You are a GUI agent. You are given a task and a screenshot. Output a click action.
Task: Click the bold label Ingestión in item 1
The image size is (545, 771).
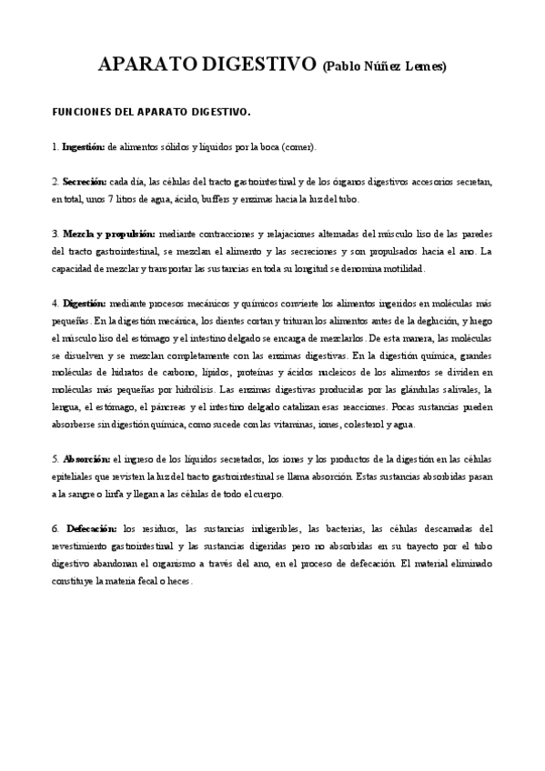(x=83, y=146)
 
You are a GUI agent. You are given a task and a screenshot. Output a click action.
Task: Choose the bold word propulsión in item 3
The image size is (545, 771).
(x=128, y=233)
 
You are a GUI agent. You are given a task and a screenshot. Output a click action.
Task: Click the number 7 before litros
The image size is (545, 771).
(x=109, y=198)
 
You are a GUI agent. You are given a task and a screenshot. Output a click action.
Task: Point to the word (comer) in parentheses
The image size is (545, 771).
(x=298, y=146)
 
